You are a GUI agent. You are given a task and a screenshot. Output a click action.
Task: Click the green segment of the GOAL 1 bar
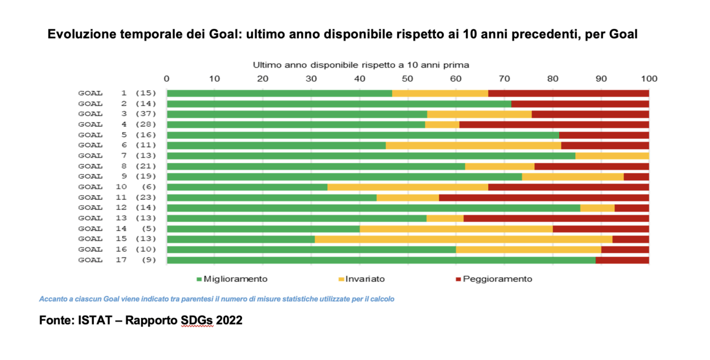coord(279,93)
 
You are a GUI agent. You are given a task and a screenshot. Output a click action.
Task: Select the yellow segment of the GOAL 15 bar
coord(463,239)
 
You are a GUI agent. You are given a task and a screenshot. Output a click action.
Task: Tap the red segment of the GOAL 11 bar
coord(544,197)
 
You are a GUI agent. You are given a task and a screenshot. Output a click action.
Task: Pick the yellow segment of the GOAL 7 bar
coord(612,156)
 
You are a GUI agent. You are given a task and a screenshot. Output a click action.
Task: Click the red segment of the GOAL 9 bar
coord(636,176)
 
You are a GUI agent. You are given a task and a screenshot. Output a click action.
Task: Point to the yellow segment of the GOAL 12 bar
coord(597,208)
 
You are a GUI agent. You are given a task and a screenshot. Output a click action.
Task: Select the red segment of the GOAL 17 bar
coord(622,260)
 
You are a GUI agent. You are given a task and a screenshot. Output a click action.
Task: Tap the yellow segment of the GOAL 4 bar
coord(442,124)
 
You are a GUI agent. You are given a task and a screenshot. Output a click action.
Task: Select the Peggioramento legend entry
coord(493,279)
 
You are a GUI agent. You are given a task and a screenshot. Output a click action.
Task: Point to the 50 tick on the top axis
coord(408,78)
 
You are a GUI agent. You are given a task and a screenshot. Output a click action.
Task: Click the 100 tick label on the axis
coord(648,78)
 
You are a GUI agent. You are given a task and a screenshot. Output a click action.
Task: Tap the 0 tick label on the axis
coord(167,78)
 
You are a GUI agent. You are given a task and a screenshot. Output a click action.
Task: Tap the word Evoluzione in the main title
coord(82,34)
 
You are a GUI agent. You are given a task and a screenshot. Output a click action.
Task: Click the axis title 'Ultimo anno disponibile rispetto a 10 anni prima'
coord(361,65)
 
